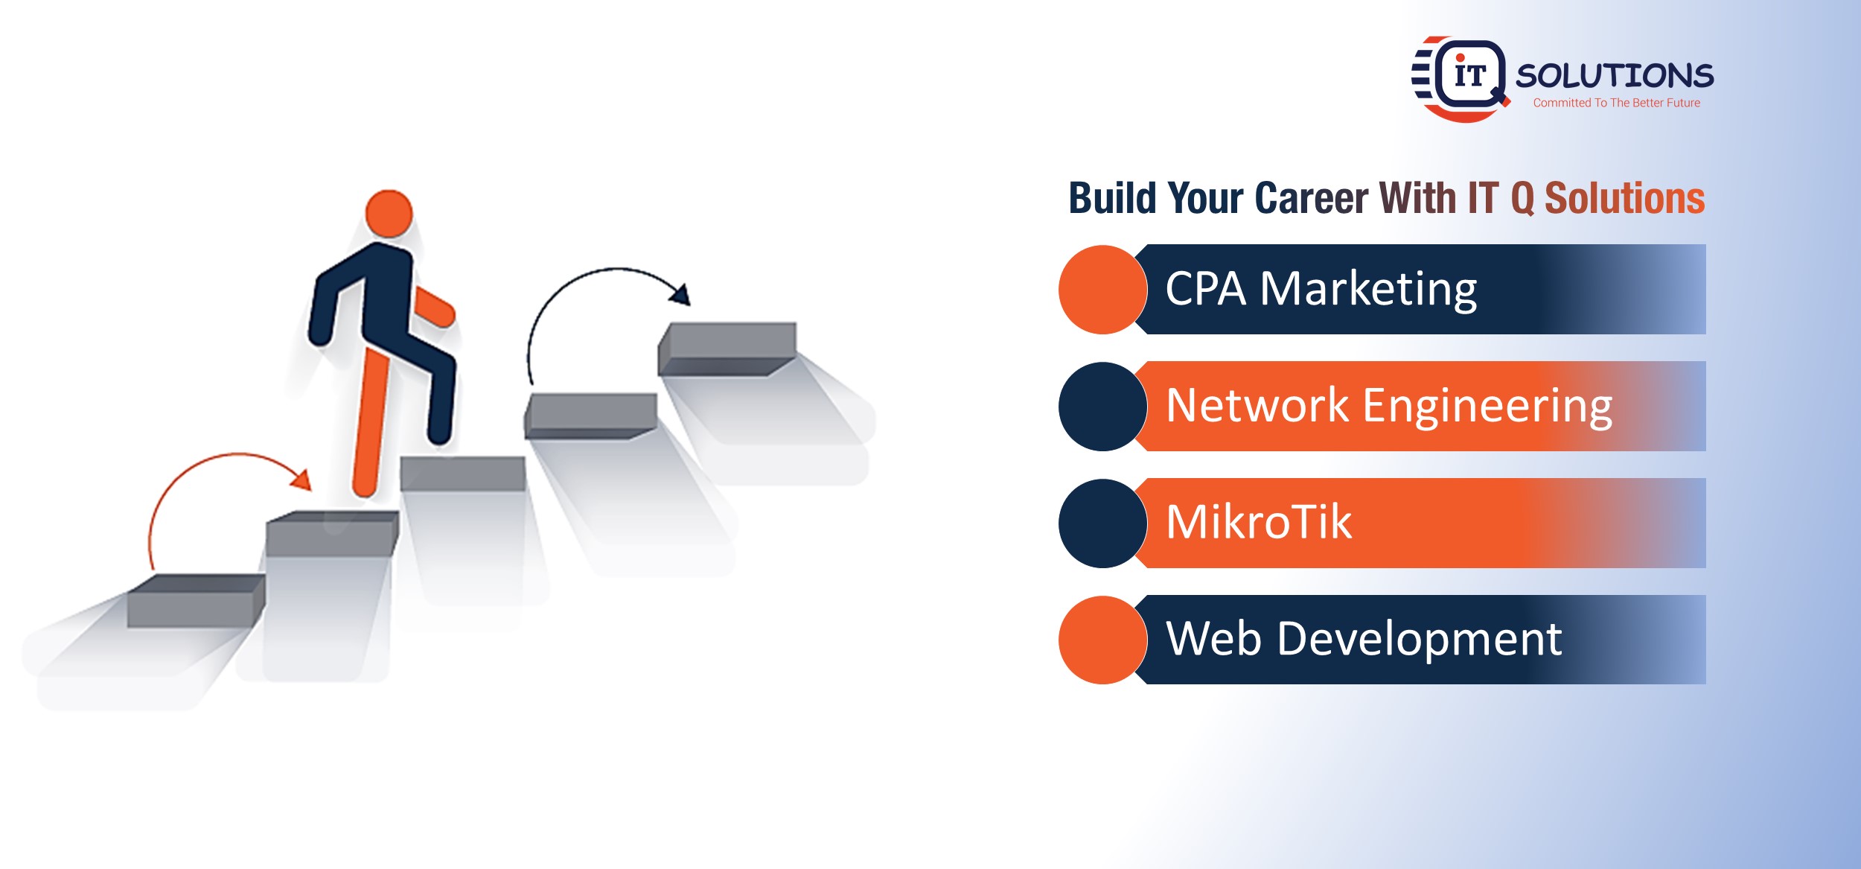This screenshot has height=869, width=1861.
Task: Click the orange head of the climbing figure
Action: click(389, 213)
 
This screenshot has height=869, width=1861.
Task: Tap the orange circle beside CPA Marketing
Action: click(1102, 290)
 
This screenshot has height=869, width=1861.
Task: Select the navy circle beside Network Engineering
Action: click(1102, 407)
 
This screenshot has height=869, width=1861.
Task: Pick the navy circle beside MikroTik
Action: click(1102, 523)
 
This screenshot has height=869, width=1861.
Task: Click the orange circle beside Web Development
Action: click(1102, 640)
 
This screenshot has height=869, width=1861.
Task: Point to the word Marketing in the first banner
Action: click(1368, 290)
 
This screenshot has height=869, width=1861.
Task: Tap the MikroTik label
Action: click(1259, 521)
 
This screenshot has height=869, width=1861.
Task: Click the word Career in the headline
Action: click(1311, 199)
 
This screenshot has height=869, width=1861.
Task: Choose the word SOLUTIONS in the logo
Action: click(1615, 76)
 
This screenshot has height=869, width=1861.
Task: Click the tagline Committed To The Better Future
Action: click(1617, 103)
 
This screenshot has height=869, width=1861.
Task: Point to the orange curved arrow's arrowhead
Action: click(301, 480)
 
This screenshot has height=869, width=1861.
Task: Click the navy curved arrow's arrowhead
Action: click(680, 294)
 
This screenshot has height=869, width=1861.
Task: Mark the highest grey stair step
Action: click(727, 348)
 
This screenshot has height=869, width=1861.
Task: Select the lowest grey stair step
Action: click(196, 600)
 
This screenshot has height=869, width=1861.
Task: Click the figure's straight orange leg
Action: click(371, 421)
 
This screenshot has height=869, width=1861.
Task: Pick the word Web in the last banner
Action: click(1213, 639)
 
